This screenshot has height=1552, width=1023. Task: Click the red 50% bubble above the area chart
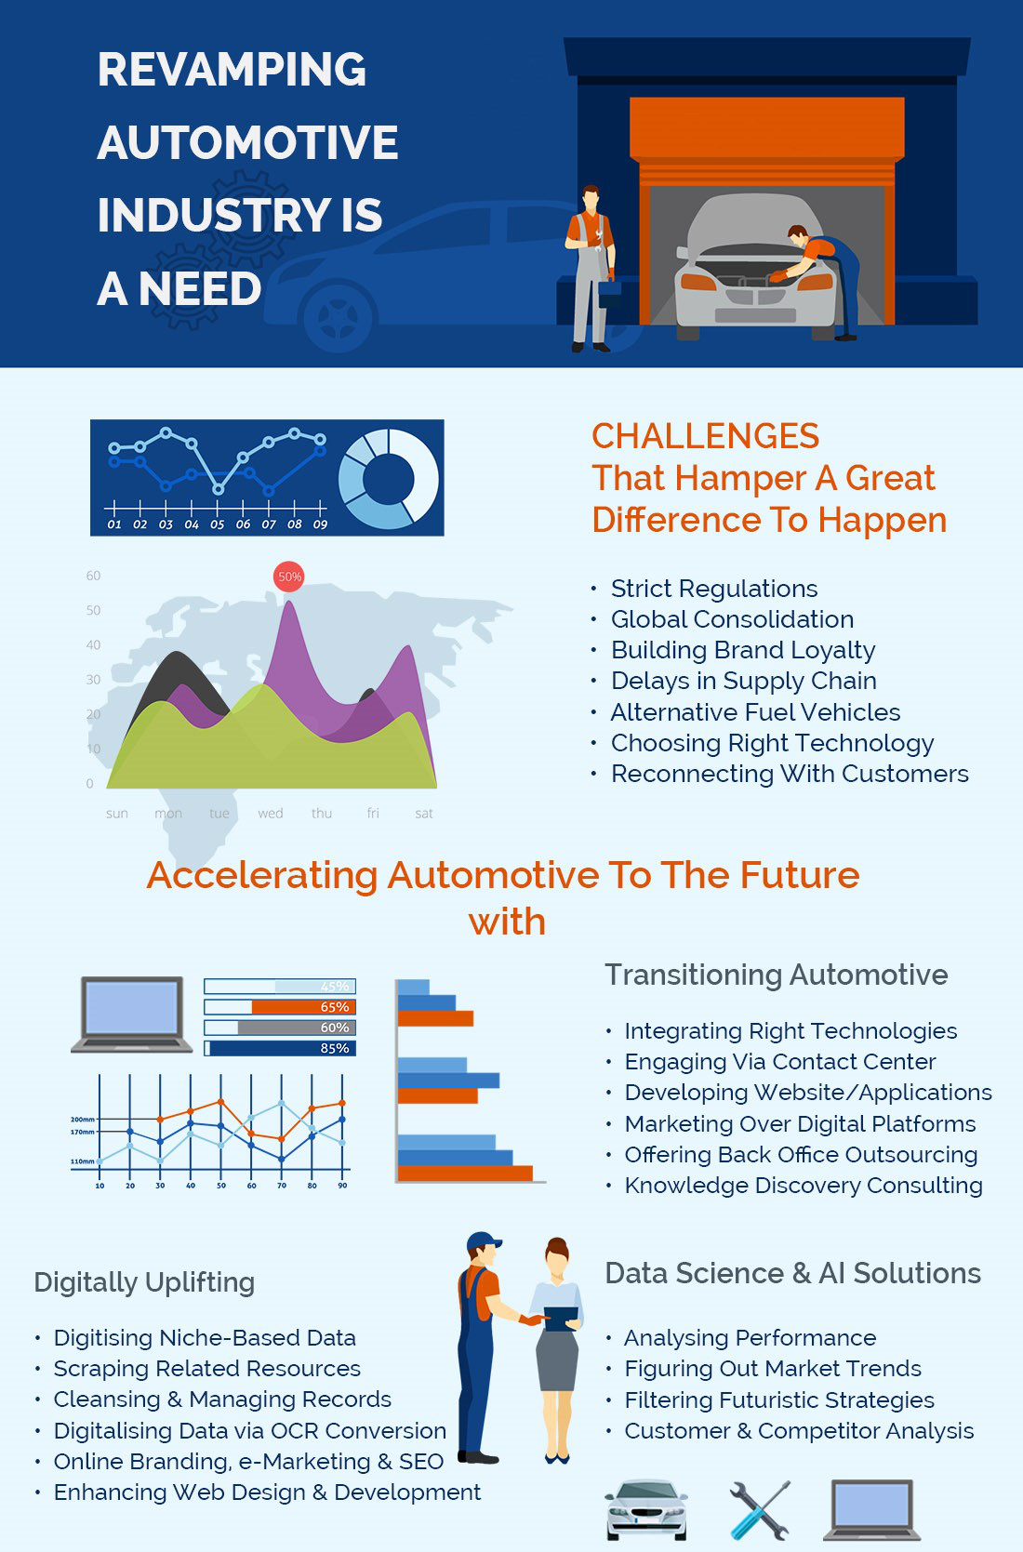(288, 577)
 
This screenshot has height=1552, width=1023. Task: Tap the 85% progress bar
(280, 1048)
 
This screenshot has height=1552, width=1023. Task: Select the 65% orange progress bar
(280, 1007)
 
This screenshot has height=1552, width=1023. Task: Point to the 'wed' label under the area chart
(271, 814)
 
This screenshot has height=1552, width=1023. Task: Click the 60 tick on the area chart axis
(93, 576)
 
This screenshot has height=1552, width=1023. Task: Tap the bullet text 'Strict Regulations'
(714, 589)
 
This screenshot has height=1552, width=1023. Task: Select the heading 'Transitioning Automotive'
(777, 975)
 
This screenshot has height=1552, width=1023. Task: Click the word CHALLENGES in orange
(706, 436)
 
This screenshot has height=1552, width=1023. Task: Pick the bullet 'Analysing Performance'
(750, 1338)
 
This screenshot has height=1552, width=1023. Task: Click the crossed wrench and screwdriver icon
(760, 1510)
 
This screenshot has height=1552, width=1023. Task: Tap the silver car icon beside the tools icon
(646, 1510)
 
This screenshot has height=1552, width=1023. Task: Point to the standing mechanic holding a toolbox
(591, 269)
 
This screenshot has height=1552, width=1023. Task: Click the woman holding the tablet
(557, 1350)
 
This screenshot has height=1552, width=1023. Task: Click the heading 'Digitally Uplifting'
(144, 1282)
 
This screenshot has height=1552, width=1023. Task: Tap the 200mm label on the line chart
(83, 1119)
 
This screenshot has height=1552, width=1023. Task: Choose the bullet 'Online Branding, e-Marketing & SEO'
(248, 1461)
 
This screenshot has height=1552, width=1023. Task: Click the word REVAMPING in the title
(232, 70)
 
